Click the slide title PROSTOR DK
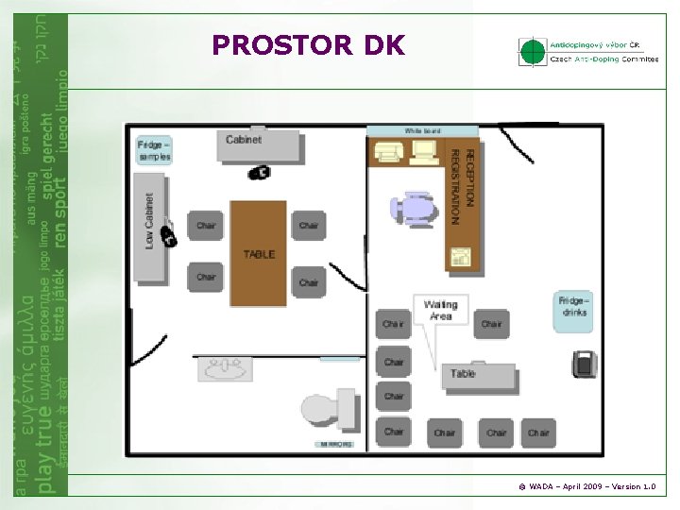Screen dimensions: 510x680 pyautogui.click(x=309, y=44)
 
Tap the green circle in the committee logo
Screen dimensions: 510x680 pyautogui.click(x=534, y=52)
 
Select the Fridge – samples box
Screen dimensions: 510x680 pyautogui.click(x=154, y=151)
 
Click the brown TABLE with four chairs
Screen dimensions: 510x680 pyautogui.click(x=259, y=252)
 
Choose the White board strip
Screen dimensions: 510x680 pyautogui.click(x=422, y=130)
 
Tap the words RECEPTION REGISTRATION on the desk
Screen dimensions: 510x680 pyautogui.click(x=463, y=184)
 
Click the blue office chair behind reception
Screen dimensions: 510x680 pyautogui.click(x=414, y=208)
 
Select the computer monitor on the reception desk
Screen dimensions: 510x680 pyautogui.click(x=423, y=151)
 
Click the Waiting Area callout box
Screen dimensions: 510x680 pyautogui.click(x=440, y=311)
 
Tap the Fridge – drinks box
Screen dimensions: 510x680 pyautogui.click(x=573, y=311)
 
